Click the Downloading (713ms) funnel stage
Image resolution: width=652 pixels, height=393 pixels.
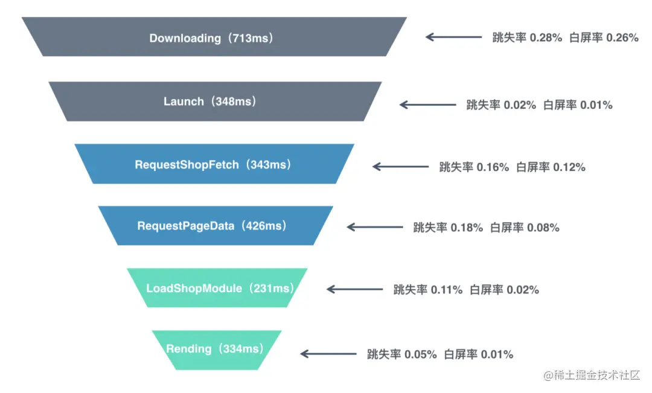pyautogui.click(x=214, y=37)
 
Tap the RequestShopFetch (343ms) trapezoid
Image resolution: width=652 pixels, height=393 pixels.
pyautogui.click(x=214, y=164)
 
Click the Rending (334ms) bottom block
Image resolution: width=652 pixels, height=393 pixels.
pyautogui.click(x=216, y=349)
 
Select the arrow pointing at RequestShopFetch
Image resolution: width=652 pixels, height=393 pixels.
pyautogui.click(x=401, y=167)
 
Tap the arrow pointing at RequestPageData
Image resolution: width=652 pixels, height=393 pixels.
pyautogui.click(x=375, y=228)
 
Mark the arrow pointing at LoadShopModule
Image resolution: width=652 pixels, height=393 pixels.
pyautogui.click(x=354, y=289)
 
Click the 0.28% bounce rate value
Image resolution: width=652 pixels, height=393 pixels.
pyautogui.click(x=546, y=37)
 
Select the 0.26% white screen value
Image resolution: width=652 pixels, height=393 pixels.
pyautogui.click(x=622, y=37)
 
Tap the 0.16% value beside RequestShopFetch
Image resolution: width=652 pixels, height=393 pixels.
pyautogui.click(x=493, y=167)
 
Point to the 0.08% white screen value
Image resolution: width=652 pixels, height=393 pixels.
pyautogui.click(x=543, y=228)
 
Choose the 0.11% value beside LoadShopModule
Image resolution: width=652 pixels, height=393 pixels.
pyautogui.click(x=446, y=290)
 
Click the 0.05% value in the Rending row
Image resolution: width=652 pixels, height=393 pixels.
pyautogui.click(x=420, y=354)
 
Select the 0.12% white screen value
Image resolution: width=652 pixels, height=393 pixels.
pyautogui.click(x=569, y=167)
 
